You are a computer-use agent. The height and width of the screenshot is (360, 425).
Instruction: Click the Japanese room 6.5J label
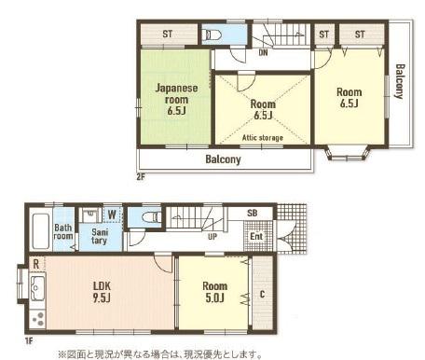pos(176,100)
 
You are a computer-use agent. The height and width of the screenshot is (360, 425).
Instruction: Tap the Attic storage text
pos(263,137)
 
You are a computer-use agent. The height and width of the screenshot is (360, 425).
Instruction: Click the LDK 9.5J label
pos(102,292)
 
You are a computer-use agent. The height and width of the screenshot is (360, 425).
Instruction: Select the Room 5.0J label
pos(214,292)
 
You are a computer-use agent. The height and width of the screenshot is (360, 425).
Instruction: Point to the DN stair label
pos(263,52)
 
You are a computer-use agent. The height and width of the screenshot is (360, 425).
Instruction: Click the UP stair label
pos(212,237)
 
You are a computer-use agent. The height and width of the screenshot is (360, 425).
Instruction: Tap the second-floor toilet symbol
pos(212,35)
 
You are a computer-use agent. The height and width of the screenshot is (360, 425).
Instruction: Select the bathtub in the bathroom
pos(41,231)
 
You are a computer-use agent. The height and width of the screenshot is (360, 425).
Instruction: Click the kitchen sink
pos(37,288)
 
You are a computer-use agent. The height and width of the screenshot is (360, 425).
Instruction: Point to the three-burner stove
pos(38,319)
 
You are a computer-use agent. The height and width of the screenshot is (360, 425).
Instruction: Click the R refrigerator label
pos(36,265)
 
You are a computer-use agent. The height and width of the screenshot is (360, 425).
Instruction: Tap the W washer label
pos(112,215)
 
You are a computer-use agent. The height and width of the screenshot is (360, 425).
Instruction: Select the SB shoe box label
pos(253,214)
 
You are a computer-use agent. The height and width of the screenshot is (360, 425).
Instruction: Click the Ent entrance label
pos(256,236)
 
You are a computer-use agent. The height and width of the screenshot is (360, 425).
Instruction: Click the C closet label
pos(262,294)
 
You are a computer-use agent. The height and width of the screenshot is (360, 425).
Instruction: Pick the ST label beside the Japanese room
pos(168,34)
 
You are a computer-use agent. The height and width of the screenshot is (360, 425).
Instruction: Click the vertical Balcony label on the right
pos(400,81)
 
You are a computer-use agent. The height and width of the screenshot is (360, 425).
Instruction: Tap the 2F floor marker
pos(141,177)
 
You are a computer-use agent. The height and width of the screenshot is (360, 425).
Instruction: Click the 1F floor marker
pos(29,341)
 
